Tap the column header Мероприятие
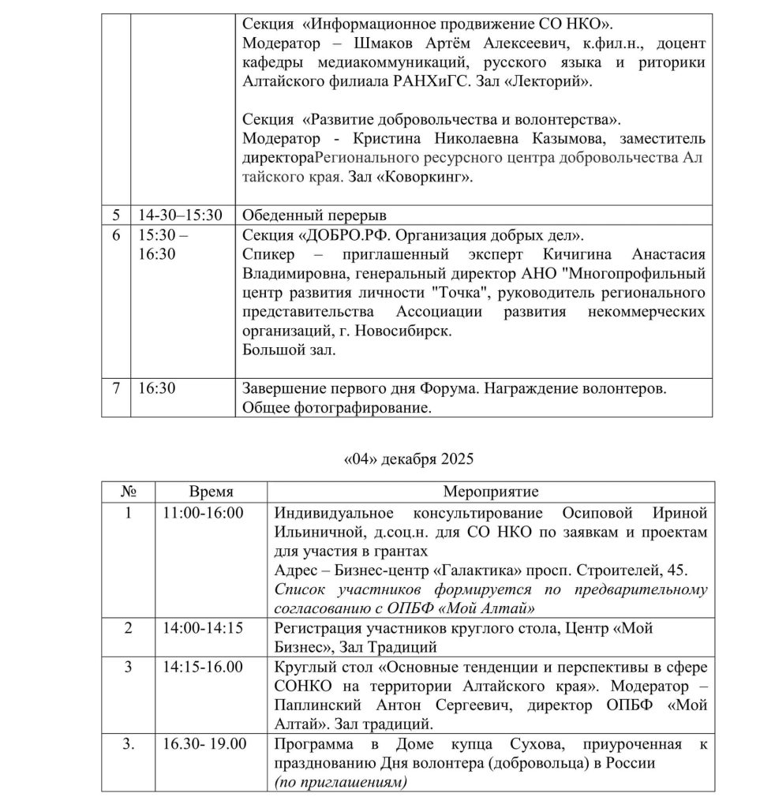(490, 492)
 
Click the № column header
(129, 492)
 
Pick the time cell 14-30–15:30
(181, 215)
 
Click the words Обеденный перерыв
(315, 215)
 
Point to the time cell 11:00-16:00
(203, 512)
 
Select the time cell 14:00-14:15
(203, 629)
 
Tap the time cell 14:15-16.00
(203, 667)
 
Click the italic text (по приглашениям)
(340, 781)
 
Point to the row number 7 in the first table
(117, 389)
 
